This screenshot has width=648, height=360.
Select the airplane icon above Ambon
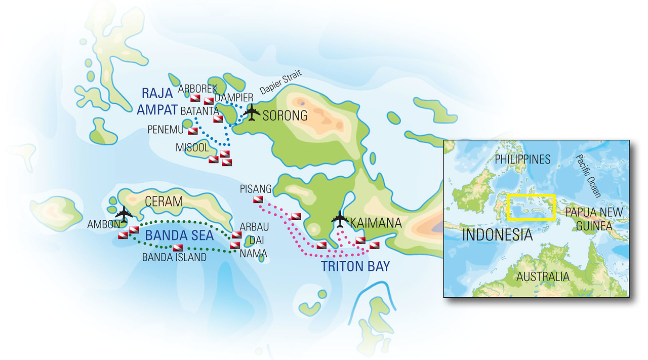click(x=123, y=211)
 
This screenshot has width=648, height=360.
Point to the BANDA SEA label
click(x=180, y=235)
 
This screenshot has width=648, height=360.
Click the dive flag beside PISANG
click(x=258, y=200)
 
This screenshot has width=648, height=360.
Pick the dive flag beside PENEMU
click(x=193, y=131)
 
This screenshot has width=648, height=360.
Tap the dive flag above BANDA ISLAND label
click(x=178, y=248)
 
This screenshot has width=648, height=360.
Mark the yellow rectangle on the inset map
click(x=531, y=207)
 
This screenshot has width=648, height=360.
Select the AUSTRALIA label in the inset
click(x=543, y=277)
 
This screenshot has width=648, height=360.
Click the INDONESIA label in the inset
click(x=497, y=235)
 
